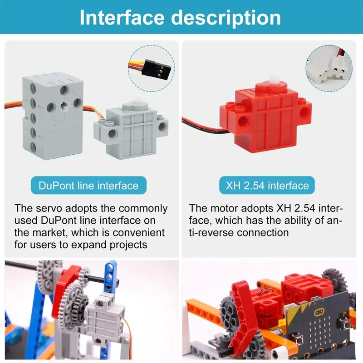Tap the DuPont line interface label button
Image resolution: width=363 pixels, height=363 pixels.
[x=88, y=186]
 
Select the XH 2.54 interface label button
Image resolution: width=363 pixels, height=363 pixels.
[x=267, y=186]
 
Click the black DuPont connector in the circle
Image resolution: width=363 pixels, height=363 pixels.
[x=149, y=68]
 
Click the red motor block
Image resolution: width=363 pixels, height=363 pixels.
[x=268, y=118]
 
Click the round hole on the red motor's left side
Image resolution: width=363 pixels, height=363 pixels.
[x=244, y=120]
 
